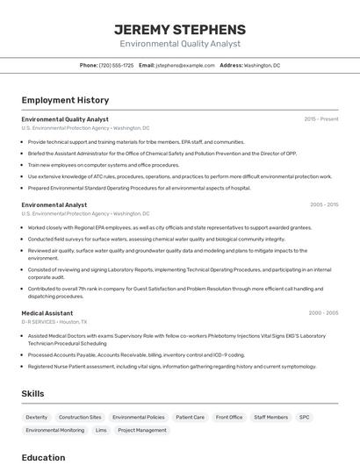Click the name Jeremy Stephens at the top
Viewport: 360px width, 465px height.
pyautogui.click(x=180, y=29)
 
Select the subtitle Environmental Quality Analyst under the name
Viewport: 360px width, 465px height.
pyautogui.click(x=180, y=43)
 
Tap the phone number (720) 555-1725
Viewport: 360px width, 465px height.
pyautogui.click(x=116, y=65)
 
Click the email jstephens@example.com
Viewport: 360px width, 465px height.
pyautogui.click(x=185, y=65)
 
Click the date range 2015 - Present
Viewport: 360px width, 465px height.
pyautogui.click(x=320, y=119)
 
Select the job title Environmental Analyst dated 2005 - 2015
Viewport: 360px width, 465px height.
pyautogui.click(x=54, y=205)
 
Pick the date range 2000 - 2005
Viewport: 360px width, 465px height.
pyautogui.click(x=323, y=313)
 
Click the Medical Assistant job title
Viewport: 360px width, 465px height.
pyautogui.click(x=47, y=313)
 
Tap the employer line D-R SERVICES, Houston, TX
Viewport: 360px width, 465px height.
pyautogui.click(x=57, y=322)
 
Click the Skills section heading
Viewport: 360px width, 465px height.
pyautogui.click(x=32, y=394)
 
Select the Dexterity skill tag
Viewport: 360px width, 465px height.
pyautogui.click(x=37, y=418)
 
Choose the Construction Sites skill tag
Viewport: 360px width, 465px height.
pyautogui.click(x=80, y=418)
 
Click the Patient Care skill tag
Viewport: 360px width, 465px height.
pyautogui.click(x=190, y=418)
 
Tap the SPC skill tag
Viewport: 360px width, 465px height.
pyautogui.click(x=304, y=418)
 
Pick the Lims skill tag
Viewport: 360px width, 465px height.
pyautogui.click(x=101, y=431)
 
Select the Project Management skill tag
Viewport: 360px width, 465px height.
pyautogui.click(x=142, y=431)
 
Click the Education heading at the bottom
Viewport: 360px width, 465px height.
pyautogui.click(x=43, y=457)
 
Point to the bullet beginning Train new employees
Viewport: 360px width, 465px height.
pyautogui.click(x=104, y=165)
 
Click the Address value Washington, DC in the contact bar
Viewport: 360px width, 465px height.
pyautogui.click(x=262, y=65)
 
